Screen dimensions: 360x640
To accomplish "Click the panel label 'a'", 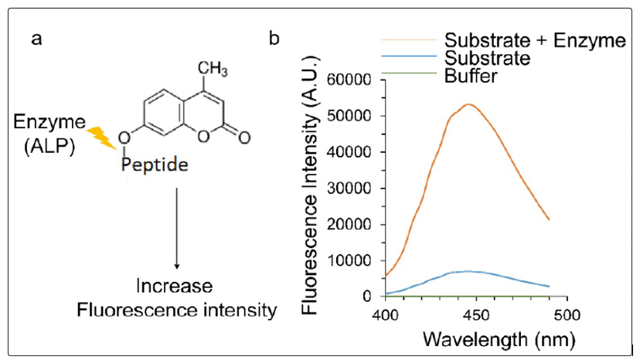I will (36, 39).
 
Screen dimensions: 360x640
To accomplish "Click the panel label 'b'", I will (274, 39).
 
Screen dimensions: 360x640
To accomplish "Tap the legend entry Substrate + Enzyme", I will (534, 41).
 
